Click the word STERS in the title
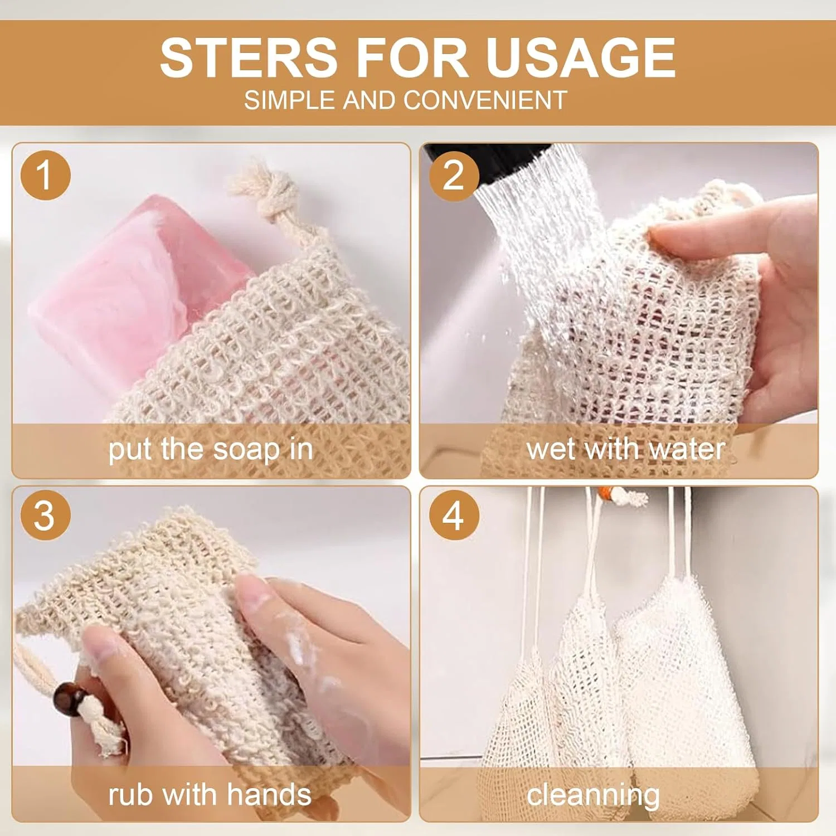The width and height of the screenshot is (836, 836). tap(249, 57)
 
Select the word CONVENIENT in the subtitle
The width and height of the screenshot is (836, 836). tap(485, 100)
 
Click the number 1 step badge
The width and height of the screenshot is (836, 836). tap(46, 175)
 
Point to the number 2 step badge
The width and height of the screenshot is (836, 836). tap(454, 175)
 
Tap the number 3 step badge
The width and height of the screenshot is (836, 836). tap(46, 515)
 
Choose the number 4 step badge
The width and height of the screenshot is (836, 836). tap(454, 515)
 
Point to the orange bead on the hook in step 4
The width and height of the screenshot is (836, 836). tap(605, 494)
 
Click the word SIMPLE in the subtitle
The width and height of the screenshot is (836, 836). tap(291, 100)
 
